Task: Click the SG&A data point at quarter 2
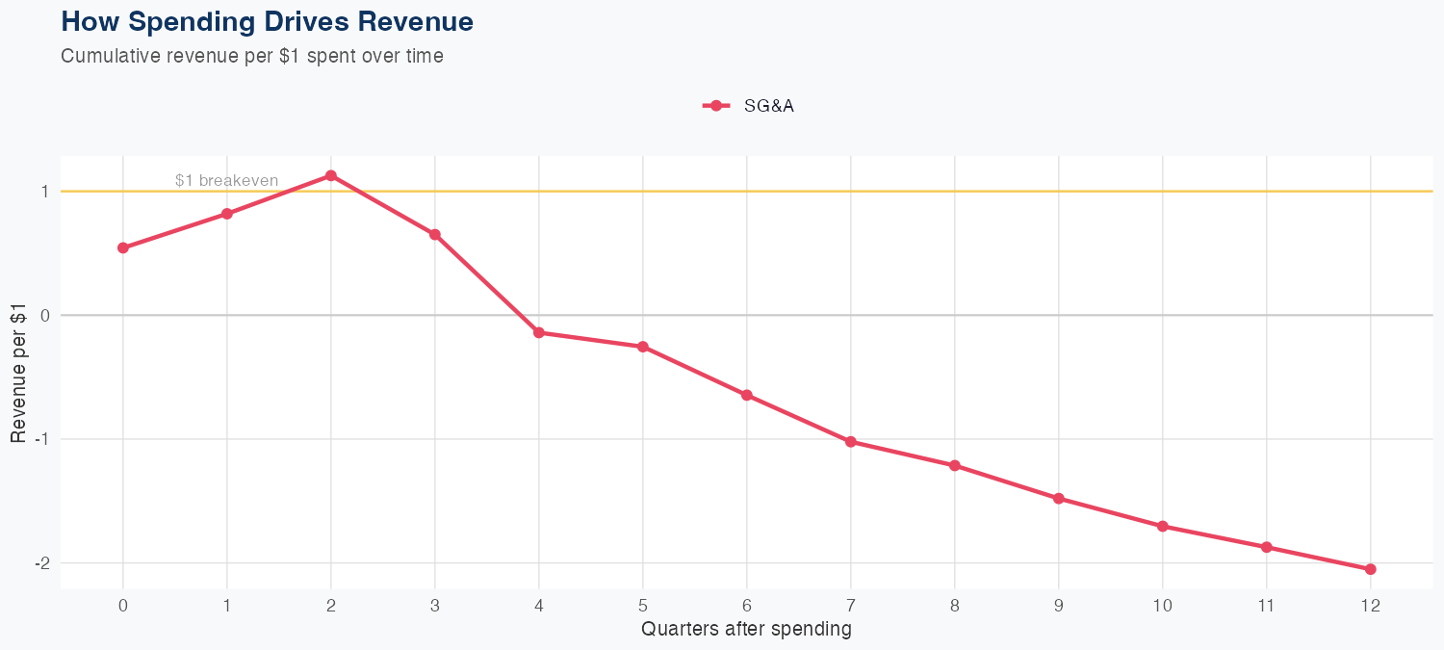[331, 175]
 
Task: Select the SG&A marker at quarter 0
[123, 247]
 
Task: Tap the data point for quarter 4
[539, 332]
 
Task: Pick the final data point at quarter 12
[1371, 569]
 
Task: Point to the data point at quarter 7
[851, 442]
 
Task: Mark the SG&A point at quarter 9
[1059, 499]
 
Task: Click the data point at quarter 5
[643, 347]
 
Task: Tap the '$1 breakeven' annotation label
[227, 180]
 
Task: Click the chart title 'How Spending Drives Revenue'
[267, 21]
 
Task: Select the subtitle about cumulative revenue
[252, 56]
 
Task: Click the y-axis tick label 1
[44, 192]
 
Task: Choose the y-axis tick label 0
[44, 316]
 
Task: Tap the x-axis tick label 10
[1163, 606]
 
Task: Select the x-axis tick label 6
[747, 606]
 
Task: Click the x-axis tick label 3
[435, 606]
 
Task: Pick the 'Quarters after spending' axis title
[746, 630]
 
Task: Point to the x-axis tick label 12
[1371, 606]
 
